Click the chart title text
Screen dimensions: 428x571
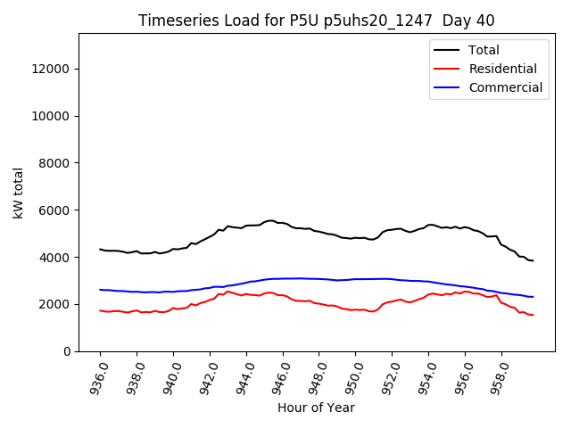pos(316,21)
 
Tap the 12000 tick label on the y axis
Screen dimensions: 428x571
pos(50,69)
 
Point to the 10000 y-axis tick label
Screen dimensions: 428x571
pos(50,116)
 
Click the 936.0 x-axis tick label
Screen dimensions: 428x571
pos(98,376)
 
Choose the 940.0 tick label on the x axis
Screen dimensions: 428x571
pos(171,376)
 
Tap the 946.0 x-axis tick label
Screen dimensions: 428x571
pos(281,376)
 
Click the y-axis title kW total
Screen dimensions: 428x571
pos(18,193)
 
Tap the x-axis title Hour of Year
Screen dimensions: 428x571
pos(316,408)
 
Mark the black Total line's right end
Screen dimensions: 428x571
pos(534,260)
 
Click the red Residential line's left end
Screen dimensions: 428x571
pos(100,310)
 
